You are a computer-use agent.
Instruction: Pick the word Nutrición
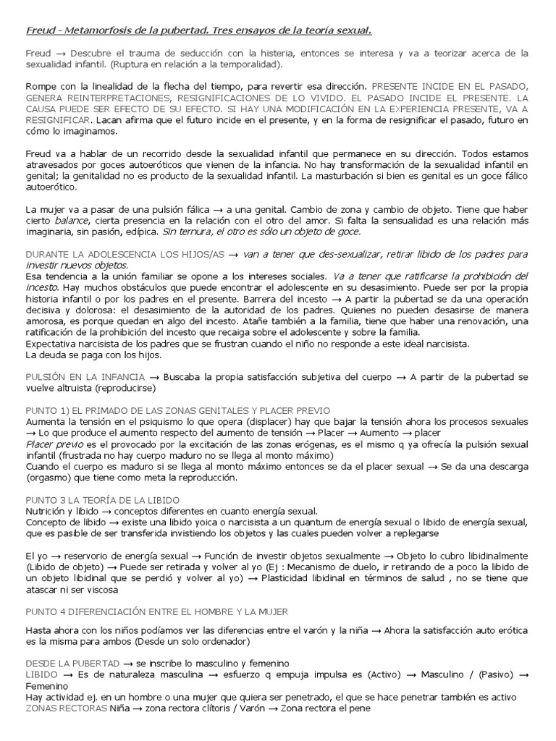[45, 511]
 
